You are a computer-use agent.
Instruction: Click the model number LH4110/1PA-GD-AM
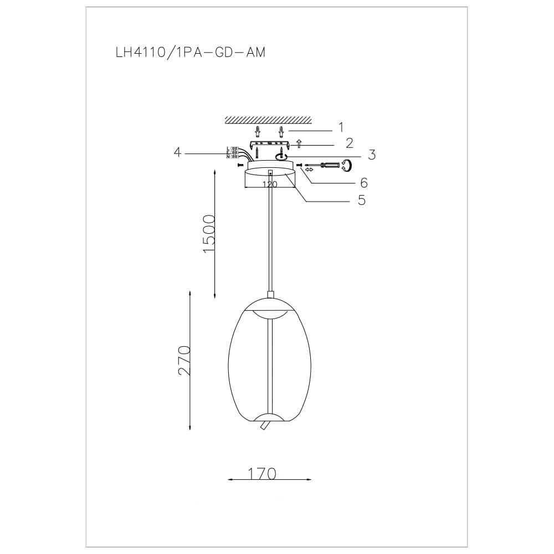coord(189,53)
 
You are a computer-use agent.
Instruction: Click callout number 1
coord(341,127)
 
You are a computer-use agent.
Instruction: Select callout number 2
coord(349,143)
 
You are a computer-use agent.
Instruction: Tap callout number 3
coord(372,155)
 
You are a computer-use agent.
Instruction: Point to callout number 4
coord(177,152)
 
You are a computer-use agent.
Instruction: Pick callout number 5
coord(361,200)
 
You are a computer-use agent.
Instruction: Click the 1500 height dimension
coord(209,233)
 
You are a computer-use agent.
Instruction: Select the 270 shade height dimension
coord(184,360)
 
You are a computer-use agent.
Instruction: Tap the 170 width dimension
coord(262,474)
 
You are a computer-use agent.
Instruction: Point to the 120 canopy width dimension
coord(269,185)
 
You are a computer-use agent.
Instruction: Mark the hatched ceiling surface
coord(268,120)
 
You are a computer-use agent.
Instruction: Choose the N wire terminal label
coord(228,157)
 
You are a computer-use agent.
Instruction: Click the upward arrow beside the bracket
coord(299,144)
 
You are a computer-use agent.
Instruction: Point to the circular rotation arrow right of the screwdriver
coord(347,165)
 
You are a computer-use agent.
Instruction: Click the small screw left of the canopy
coord(239,165)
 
